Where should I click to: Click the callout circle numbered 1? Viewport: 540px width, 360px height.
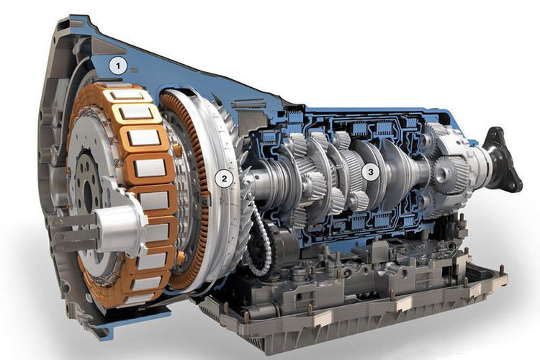(x=118, y=66)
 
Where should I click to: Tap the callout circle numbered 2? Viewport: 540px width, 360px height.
(x=224, y=179)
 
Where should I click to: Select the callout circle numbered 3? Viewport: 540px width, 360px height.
(x=371, y=171)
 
